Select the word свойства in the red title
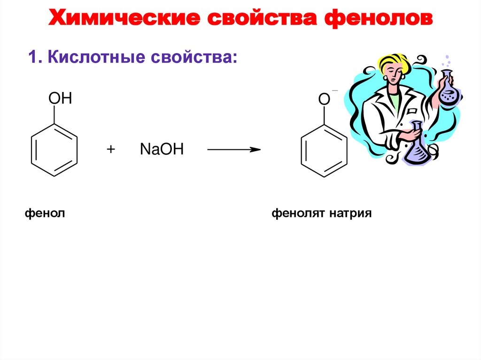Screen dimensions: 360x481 pyautogui.click(x=264, y=19)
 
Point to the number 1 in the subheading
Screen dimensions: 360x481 pyautogui.click(x=32, y=59)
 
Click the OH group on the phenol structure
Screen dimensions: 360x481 pyautogui.click(x=60, y=99)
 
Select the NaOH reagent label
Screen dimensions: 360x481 pyautogui.click(x=162, y=150)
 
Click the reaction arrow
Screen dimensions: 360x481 pyautogui.click(x=234, y=150)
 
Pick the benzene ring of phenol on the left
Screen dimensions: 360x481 pyautogui.click(x=54, y=151)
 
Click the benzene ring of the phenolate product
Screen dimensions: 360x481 pyautogui.click(x=324, y=151)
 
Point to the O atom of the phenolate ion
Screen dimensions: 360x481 pyautogui.click(x=324, y=99)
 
